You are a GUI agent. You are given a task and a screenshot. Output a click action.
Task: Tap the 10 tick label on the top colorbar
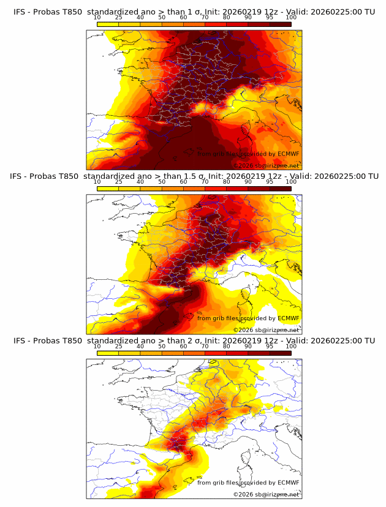(x=97, y=18)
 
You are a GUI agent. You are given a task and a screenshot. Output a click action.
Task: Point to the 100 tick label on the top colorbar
(x=291, y=18)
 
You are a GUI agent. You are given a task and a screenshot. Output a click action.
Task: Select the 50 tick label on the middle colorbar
(x=162, y=182)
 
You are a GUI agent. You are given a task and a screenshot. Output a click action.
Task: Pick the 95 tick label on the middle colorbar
(x=270, y=182)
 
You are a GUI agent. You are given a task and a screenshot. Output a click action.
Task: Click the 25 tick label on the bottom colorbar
(x=119, y=346)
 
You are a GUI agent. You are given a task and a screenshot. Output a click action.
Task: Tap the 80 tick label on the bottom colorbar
(x=227, y=346)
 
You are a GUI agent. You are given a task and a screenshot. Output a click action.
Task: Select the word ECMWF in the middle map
(x=288, y=318)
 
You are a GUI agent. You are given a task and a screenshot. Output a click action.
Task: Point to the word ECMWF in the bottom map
(x=288, y=483)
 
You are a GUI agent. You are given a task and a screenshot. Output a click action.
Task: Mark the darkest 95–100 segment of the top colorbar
(x=281, y=24)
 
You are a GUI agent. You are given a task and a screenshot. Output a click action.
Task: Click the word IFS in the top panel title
(x=20, y=12)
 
